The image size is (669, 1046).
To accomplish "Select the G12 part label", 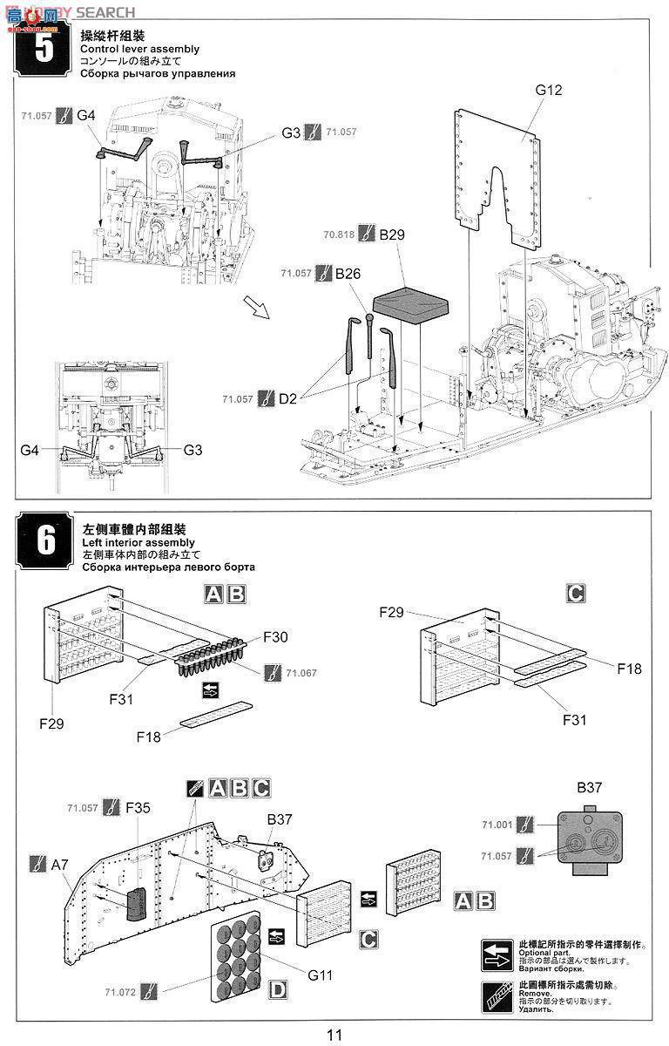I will click(x=550, y=90).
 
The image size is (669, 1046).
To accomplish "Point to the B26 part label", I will click(x=348, y=273).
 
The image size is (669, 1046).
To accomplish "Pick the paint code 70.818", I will click(x=338, y=235).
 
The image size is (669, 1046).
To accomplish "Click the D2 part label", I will click(x=289, y=399).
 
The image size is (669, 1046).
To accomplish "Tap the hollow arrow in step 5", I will click(x=254, y=307).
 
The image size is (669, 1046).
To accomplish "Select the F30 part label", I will click(x=276, y=637).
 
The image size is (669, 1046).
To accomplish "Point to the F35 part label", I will click(x=138, y=808).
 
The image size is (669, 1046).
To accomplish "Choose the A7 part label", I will click(x=59, y=865).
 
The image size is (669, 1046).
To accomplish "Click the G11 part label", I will click(x=319, y=975).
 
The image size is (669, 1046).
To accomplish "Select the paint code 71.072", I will click(x=118, y=992).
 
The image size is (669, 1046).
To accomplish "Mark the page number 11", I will click(x=334, y=1035).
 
